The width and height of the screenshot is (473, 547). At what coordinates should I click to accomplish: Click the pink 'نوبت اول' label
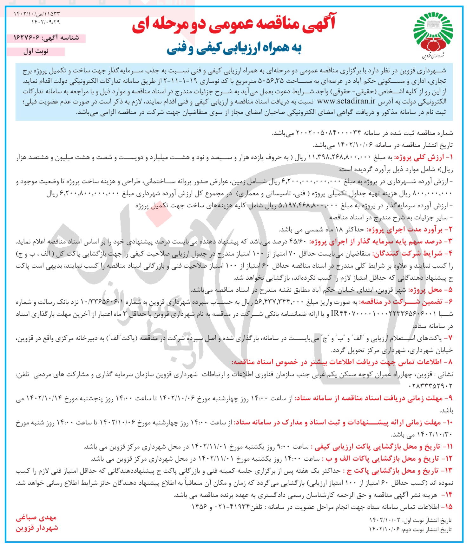click(x=36, y=52)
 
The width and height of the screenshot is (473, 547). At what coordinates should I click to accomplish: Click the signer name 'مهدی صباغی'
click(x=36, y=518)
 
